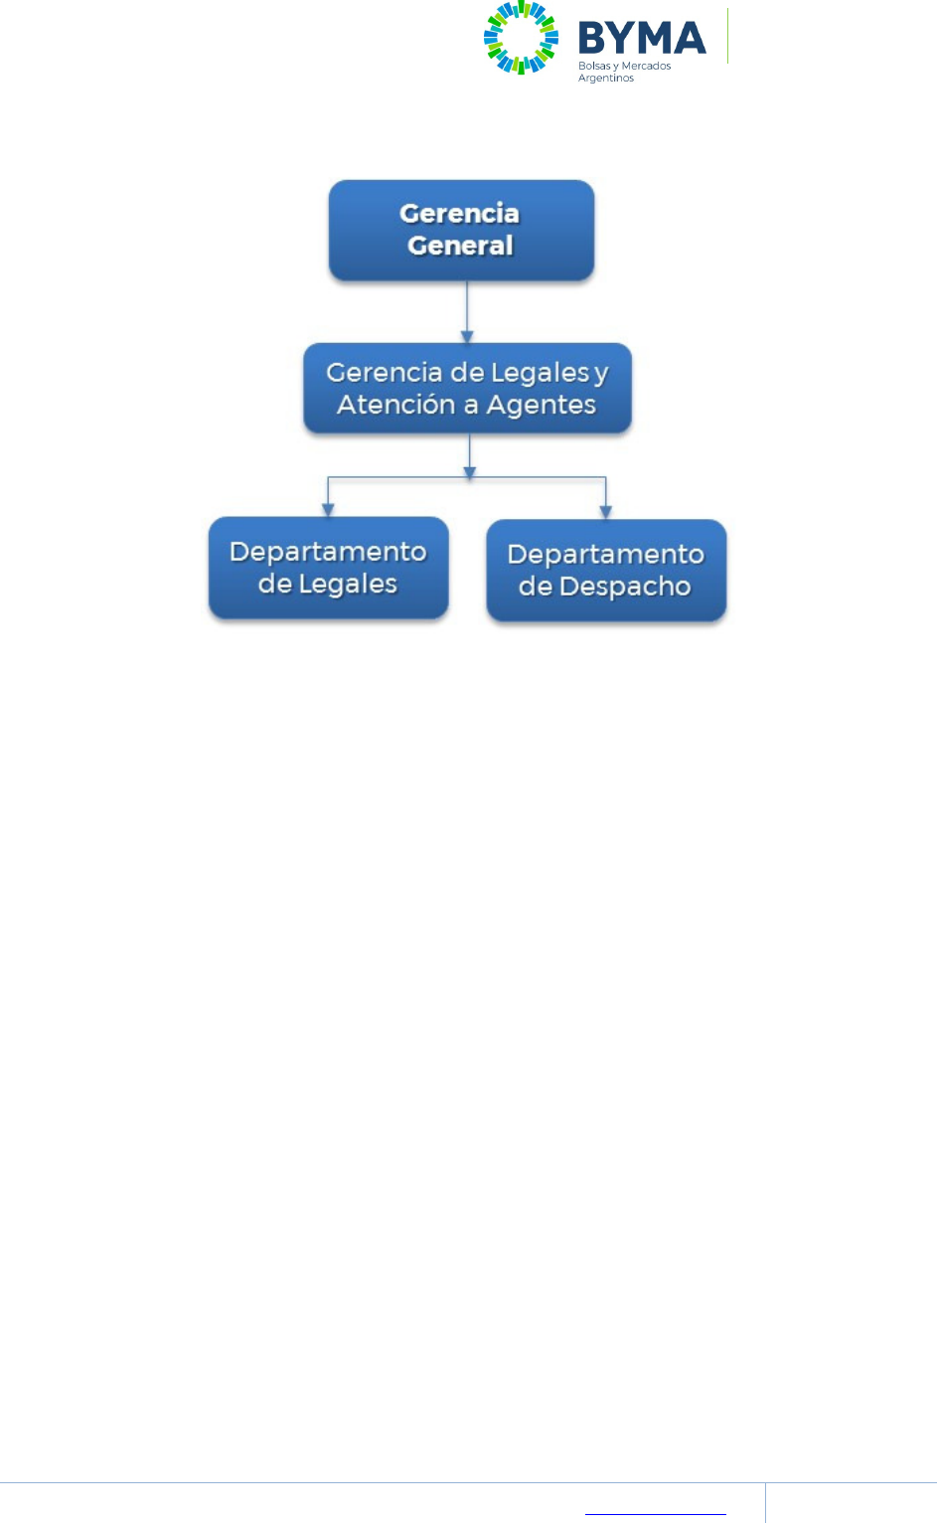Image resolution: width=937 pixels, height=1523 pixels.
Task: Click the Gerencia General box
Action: [x=461, y=230]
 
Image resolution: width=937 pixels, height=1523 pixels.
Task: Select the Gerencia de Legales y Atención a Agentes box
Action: [x=467, y=388]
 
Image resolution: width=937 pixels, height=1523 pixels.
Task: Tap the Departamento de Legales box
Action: [x=328, y=568]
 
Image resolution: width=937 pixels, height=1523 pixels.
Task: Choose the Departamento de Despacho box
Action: [x=606, y=571]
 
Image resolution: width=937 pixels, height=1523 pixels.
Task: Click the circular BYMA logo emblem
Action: [x=521, y=38]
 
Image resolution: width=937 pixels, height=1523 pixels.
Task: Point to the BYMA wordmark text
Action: [x=642, y=39]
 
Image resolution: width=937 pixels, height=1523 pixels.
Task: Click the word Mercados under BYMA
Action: [x=646, y=66]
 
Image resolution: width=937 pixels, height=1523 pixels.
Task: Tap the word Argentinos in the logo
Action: [x=606, y=78]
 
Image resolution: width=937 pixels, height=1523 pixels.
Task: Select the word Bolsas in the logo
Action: [x=594, y=66]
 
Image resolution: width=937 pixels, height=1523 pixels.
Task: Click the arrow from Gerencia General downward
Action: [x=467, y=312]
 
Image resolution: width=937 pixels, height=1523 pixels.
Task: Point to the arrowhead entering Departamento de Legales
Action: [x=328, y=510]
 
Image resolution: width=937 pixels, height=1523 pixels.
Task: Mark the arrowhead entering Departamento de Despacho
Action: [x=606, y=512]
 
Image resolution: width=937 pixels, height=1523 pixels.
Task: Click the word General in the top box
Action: [x=460, y=246]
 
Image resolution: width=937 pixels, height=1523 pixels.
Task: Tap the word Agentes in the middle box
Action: [x=541, y=405]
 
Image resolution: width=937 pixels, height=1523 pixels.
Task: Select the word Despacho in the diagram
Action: [x=625, y=587]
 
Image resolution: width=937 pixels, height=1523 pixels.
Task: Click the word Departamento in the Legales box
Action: [x=328, y=552]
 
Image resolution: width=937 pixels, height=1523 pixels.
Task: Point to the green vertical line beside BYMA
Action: [x=728, y=37]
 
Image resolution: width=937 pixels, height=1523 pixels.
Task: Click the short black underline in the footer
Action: [x=656, y=1514]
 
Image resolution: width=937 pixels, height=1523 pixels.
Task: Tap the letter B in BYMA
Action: [x=593, y=39]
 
